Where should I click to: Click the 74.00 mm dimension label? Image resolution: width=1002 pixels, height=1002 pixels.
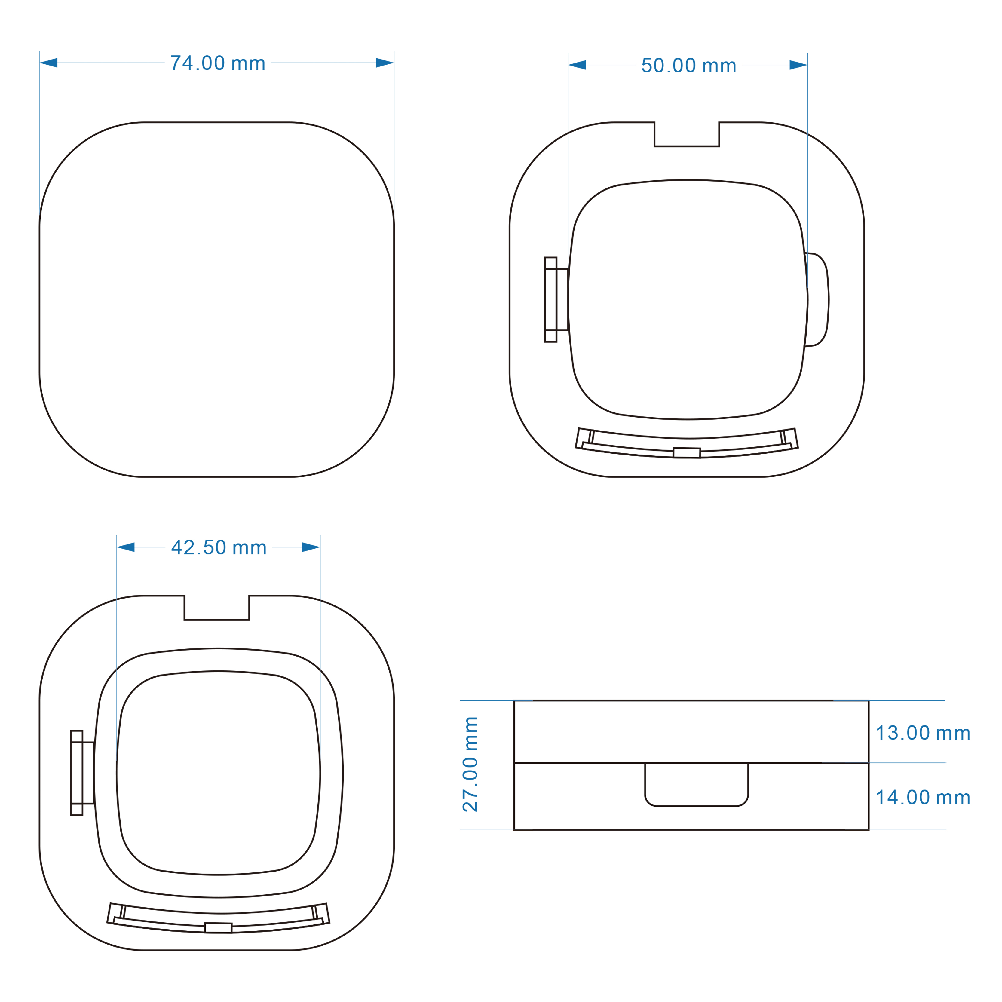coord(218,63)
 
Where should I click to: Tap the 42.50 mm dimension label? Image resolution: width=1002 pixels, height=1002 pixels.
coord(219,548)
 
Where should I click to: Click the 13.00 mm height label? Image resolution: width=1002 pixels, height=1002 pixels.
coord(923,733)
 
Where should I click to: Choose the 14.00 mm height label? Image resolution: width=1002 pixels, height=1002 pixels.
coord(923,798)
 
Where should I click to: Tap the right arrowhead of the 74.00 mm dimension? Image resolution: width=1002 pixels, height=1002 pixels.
coord(385,63)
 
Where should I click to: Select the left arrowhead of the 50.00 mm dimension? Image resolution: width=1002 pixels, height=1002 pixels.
coord(577,65)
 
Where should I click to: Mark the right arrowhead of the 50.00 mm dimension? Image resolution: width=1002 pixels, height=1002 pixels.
coord(798,65)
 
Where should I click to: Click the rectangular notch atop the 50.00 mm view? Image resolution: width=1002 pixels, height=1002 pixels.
coord(687,135)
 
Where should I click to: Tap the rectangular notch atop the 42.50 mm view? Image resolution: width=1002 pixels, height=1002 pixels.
coord(217,608)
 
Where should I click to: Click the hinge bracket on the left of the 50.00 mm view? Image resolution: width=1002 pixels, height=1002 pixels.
coord(556,300)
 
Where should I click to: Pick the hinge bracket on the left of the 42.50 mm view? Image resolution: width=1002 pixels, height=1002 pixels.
coord(82,773)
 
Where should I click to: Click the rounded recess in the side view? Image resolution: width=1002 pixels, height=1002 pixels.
coord(697,784)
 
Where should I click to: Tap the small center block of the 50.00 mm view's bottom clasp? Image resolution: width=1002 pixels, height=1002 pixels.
coord(687,453)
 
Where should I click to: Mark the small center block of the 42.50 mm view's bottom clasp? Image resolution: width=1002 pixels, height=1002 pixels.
coord(218,928)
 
